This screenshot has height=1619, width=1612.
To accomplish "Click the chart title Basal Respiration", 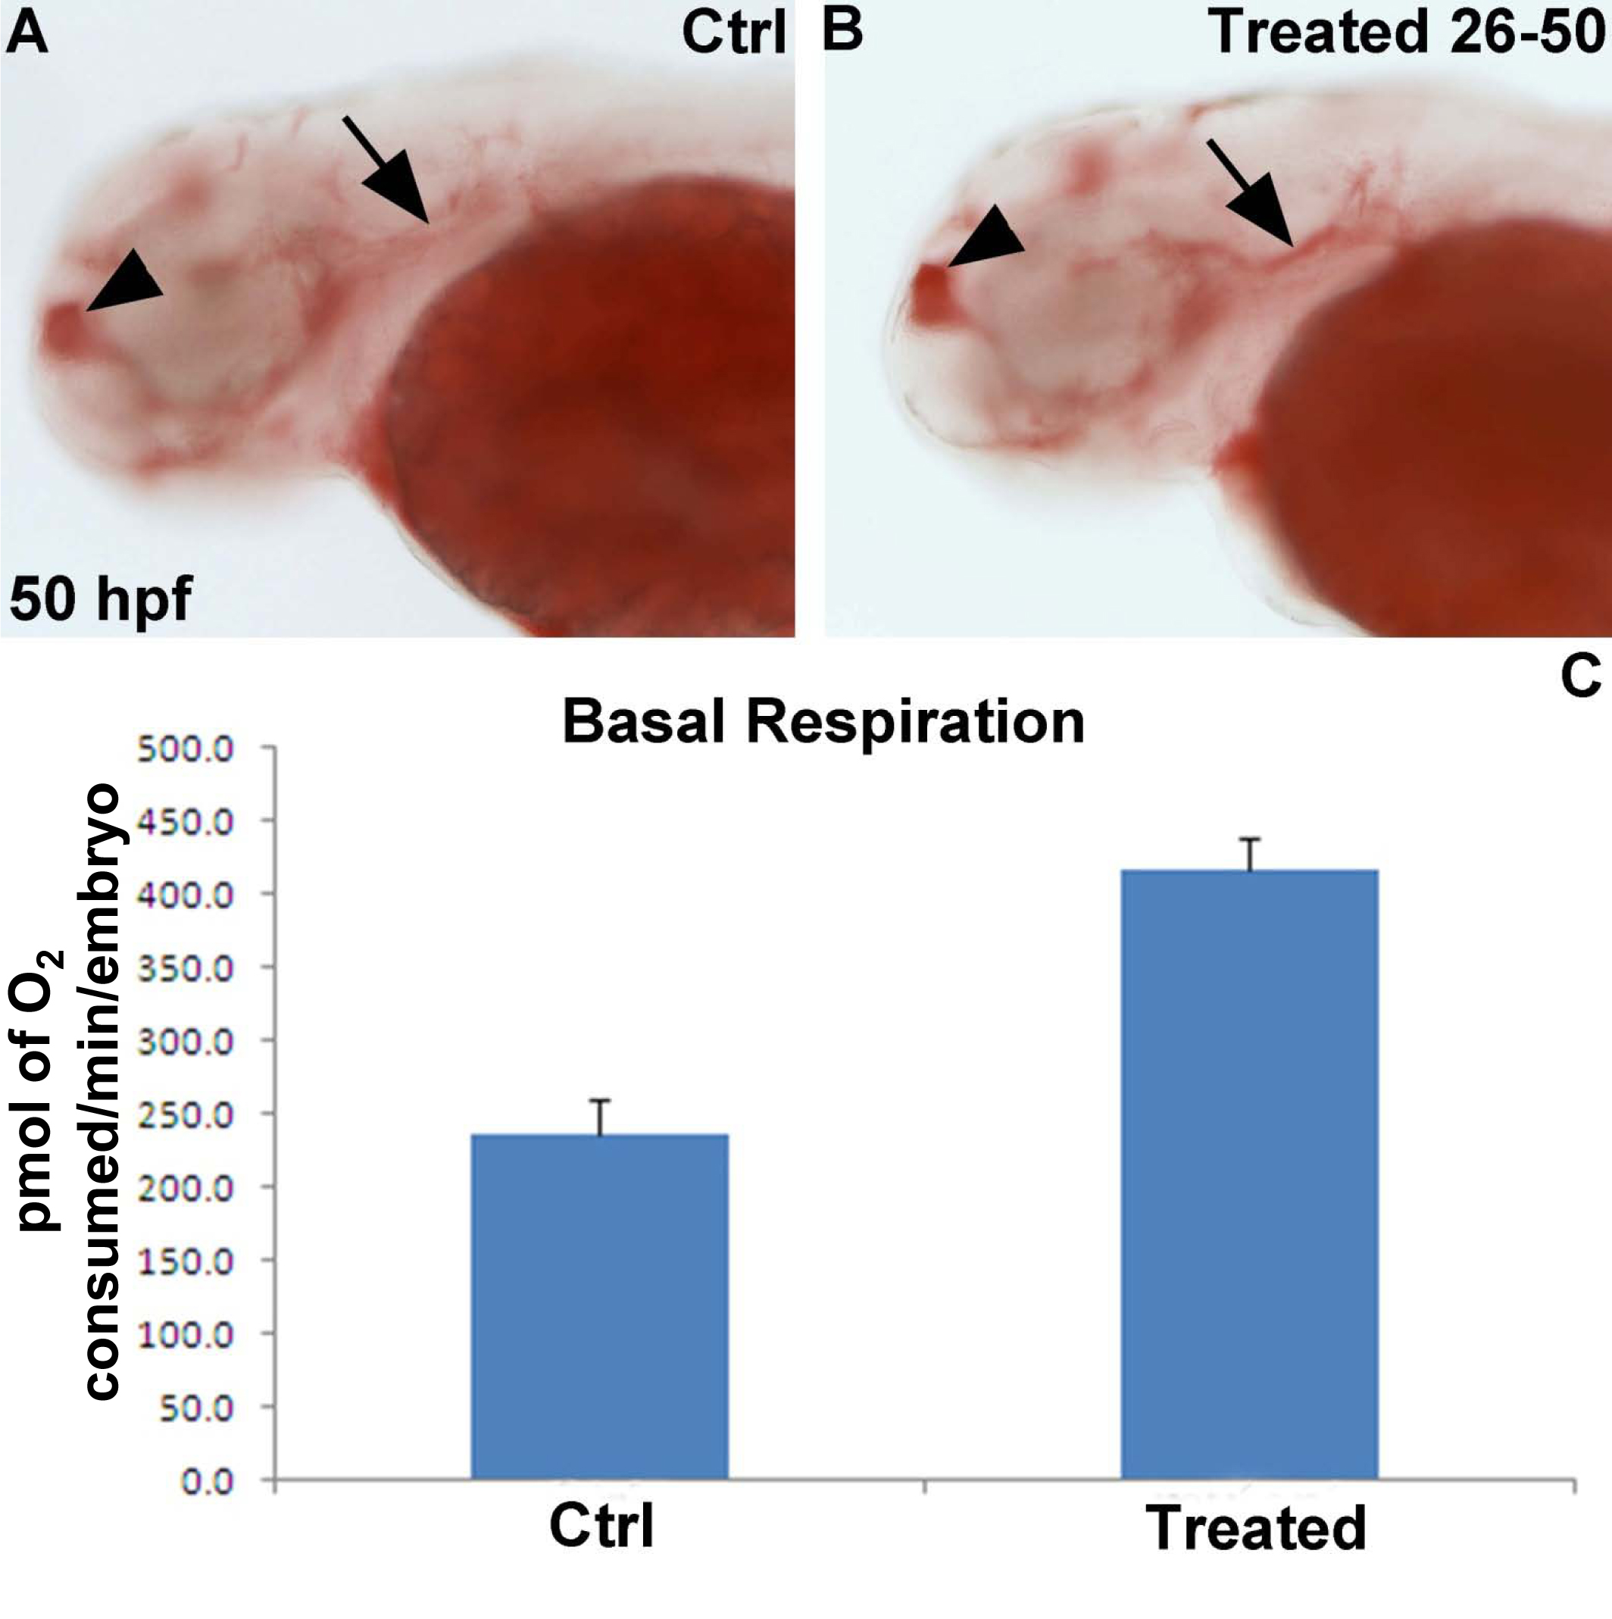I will coord(823,722).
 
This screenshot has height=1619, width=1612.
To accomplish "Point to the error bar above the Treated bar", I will coord(1250,855).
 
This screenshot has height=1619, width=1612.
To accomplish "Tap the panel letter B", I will coord(842,33).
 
